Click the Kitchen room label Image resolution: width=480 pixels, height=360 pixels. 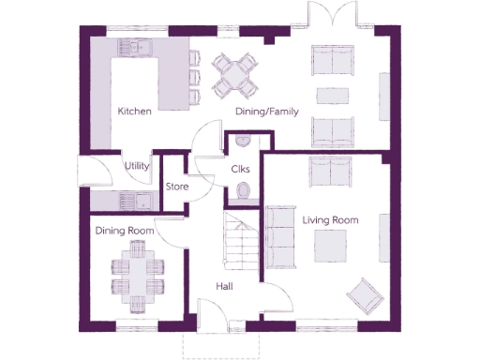134,112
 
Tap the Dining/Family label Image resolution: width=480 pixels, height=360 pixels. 266,112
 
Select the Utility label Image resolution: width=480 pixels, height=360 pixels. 137,166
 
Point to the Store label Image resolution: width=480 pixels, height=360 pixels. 177,187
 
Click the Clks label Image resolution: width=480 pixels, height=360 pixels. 240,169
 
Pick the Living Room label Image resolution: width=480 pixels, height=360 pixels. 330,219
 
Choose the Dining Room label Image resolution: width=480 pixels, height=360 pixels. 124,231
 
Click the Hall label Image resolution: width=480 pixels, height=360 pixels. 225,286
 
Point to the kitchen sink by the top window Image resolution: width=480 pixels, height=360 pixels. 136,47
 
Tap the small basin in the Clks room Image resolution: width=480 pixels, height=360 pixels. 242,142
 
